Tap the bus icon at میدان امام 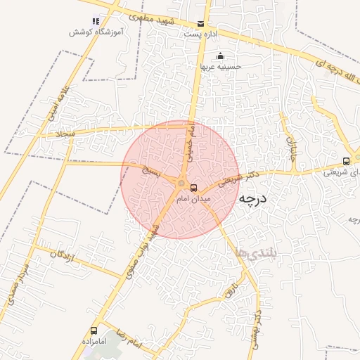point(194,186)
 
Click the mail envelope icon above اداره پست point(202,23)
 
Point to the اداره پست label point(200,34)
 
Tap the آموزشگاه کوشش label point(97,32)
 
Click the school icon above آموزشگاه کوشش point(96,21)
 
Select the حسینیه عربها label point(221,67)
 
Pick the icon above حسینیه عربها point(221,56)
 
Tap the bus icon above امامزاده point(94,330)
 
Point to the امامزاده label point(93,342)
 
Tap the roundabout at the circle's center point(181,184)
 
